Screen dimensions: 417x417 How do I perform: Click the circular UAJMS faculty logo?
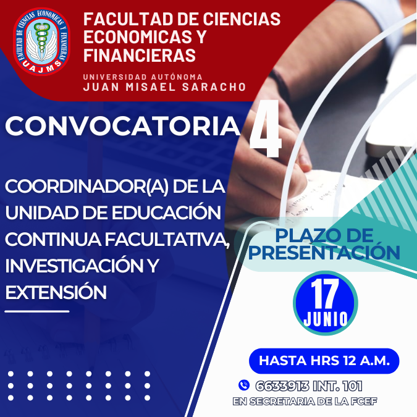tap(42, 41)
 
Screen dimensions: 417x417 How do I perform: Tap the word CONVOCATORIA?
tap(122, 126)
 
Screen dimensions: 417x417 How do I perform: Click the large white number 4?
tap(265, 129)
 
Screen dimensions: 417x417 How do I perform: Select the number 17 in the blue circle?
tap(325, 293)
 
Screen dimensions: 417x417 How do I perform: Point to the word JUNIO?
tap(326, 319)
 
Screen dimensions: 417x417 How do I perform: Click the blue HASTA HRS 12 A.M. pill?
tap(324, 361)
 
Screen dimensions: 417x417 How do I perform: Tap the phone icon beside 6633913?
tap(244, 385)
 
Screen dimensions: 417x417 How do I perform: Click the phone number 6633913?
tap(282, 386)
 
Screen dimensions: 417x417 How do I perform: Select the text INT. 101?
tap(337, 386)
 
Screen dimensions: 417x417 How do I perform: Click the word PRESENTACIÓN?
tap(324, 253)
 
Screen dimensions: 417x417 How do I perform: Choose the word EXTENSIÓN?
tap(56, 292)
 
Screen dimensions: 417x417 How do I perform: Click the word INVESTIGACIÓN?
tap(75, 266)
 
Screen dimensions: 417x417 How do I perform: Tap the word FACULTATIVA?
tap(167, 239)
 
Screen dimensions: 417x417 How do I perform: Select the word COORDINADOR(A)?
tap(86, 187)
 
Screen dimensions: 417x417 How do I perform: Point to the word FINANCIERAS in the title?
tap(140, 55)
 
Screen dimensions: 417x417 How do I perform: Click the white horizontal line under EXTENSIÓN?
tap(37, 311)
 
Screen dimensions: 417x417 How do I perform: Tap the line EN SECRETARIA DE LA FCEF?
tap(305, 402)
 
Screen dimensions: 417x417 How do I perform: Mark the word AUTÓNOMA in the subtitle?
tap(177, 77)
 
